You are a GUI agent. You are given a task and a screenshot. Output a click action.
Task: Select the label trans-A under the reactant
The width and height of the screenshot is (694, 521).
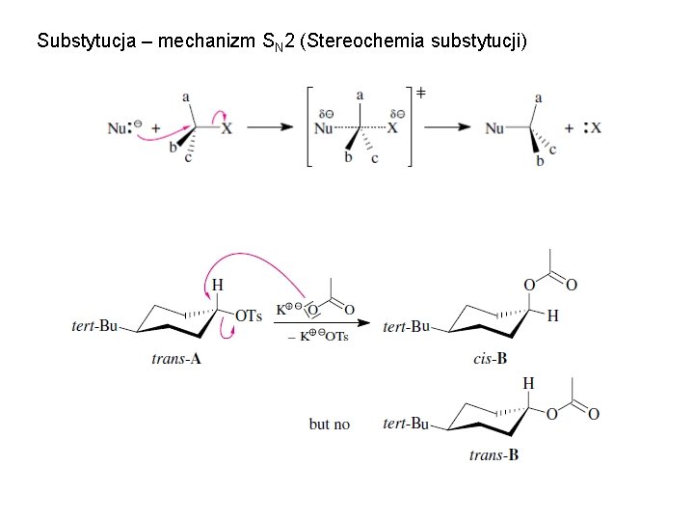coord(176,359)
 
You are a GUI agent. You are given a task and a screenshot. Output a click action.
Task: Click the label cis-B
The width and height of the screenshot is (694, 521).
coord(491,359)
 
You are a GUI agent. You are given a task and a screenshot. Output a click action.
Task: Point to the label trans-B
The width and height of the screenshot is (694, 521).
coord(494,454)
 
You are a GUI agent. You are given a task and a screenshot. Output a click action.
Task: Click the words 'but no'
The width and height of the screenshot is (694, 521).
coord(329,424)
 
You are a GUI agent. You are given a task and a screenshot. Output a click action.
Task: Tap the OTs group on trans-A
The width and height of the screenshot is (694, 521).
coord(249,316)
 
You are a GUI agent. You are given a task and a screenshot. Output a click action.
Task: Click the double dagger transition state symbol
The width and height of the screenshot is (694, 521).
coord(420,94)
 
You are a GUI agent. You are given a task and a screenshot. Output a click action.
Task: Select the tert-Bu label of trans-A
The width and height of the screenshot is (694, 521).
coord(94,326)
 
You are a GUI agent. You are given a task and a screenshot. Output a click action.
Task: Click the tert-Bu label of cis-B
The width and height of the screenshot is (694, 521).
coord(406,327)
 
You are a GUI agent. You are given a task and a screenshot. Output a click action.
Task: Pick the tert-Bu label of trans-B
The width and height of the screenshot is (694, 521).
coord(406,424)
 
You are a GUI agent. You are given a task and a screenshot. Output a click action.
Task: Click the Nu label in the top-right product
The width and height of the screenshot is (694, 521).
coord(494,127)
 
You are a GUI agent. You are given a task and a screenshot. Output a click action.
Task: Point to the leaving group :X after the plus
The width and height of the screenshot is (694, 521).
coord(592,127)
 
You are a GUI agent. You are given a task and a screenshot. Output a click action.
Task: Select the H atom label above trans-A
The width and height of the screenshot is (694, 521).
coord(217,285)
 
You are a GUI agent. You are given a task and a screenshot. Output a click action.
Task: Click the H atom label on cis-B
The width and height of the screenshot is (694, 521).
coord(552,315)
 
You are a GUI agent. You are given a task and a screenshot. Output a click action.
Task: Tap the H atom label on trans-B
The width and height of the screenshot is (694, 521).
coord(528,384)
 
